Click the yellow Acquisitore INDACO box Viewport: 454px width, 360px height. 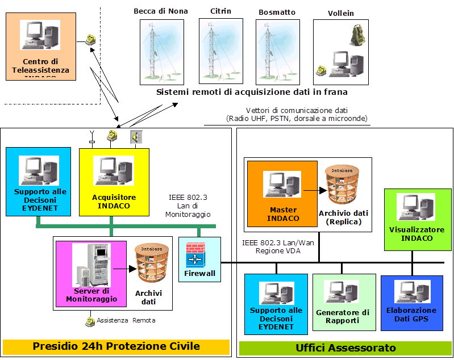[114, 182]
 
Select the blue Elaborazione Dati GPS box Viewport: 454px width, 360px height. [411, 303]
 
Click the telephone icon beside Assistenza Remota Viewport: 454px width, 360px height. [90, 321]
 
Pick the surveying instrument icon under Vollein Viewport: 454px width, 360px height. [356, 35]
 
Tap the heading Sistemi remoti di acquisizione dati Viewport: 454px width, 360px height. [252, 91]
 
